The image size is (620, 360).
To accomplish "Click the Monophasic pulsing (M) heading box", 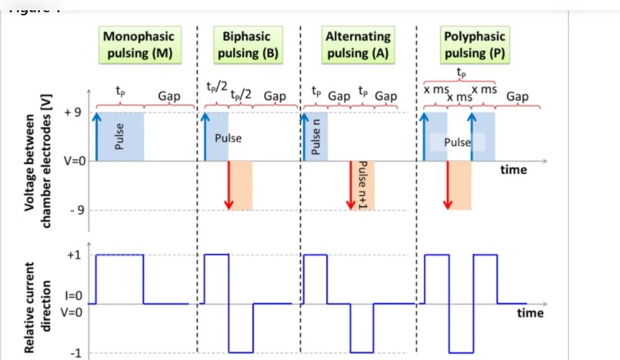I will (139, 45).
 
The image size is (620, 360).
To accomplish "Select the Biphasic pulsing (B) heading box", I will (247, 45).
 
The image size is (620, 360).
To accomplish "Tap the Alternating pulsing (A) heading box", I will (358, 45).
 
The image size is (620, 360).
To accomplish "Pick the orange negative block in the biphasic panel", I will (241, 185).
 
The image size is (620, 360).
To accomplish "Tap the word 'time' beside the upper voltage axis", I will (513, 169).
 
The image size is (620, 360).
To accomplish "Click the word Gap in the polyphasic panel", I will (517, 96).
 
